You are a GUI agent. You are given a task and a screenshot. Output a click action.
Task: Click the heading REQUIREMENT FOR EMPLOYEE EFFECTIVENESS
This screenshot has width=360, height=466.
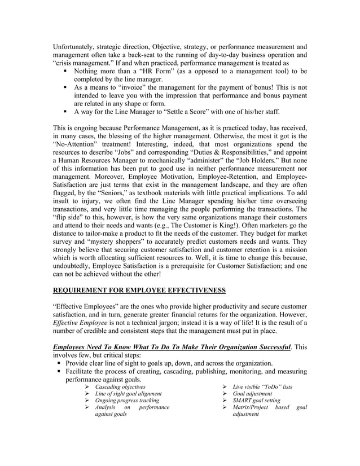[x=139, y=291]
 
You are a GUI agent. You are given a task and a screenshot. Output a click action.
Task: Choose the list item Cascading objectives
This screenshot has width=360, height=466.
[x=120, y=386]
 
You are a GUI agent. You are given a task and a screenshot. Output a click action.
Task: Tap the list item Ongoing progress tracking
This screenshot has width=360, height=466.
[x=127, y=401]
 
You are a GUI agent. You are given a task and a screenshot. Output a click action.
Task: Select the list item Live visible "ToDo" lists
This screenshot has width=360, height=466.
[x=262, y=386]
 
